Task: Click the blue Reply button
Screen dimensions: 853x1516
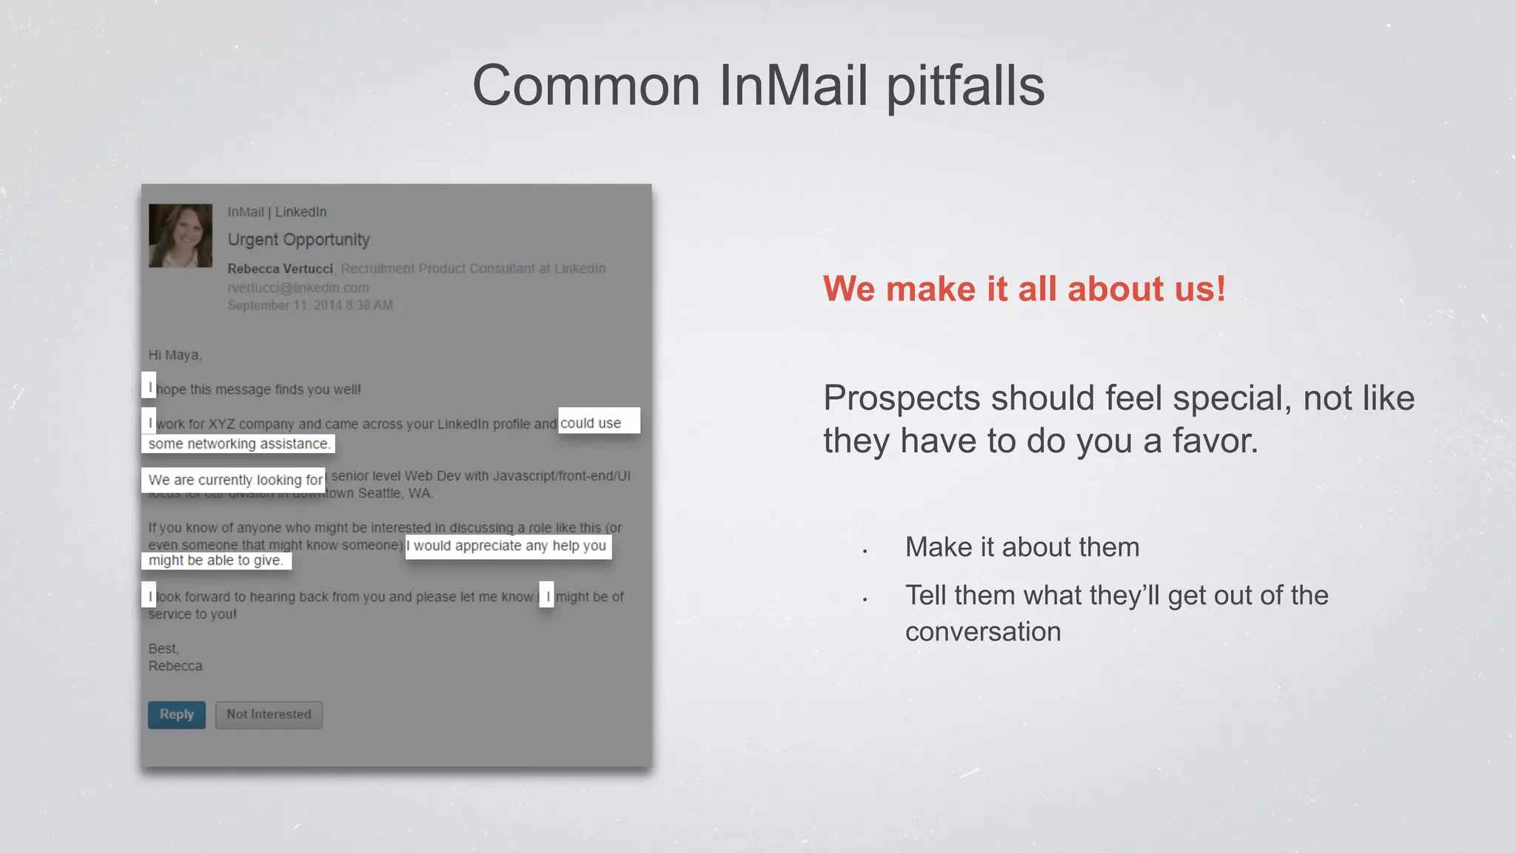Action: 177,715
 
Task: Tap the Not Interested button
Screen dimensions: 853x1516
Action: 269,715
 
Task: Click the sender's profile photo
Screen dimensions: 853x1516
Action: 181,235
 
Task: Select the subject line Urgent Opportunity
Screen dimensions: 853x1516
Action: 298,240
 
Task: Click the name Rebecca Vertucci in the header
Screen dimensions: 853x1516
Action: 280,269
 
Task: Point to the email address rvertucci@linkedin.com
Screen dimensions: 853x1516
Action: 298,287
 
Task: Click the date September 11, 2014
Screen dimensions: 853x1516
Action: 285,305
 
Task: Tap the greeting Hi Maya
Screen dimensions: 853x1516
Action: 175,355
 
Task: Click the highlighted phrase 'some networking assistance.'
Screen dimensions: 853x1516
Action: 238,444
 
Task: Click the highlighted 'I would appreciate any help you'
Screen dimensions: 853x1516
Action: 509,546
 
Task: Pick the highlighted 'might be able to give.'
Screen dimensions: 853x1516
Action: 216,561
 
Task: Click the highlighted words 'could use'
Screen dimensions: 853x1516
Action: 591,423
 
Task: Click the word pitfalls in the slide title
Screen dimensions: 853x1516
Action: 965,86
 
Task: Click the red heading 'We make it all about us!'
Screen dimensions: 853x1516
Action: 1024,289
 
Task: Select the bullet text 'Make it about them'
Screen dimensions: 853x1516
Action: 1022,547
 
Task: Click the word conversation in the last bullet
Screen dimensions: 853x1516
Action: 983,632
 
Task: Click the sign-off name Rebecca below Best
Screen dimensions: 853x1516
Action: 175,666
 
